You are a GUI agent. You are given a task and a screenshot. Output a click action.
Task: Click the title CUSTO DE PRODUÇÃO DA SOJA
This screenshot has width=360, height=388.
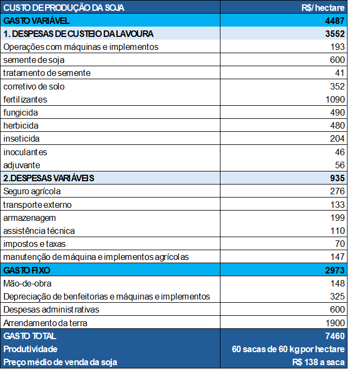64,8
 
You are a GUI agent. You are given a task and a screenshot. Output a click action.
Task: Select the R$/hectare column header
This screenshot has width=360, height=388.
323,8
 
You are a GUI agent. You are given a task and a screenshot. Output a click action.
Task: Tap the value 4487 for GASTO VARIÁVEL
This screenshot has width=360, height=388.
334,21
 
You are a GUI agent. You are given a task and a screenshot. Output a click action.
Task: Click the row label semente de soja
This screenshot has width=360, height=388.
34,60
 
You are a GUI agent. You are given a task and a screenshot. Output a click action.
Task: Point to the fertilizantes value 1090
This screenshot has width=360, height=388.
334,99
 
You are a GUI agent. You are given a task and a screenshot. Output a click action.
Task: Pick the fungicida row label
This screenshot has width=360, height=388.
21,112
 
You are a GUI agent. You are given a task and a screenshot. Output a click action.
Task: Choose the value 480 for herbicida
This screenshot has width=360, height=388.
337,125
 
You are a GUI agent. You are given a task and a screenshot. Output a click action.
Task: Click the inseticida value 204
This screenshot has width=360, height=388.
337,138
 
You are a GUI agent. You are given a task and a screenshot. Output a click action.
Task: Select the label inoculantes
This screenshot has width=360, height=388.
26,152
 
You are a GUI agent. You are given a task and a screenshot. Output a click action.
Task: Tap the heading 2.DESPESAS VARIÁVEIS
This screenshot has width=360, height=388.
49,178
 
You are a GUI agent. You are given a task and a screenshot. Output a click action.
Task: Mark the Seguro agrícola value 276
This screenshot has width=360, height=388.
337,191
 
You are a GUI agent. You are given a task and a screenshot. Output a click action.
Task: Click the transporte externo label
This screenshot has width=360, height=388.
37,205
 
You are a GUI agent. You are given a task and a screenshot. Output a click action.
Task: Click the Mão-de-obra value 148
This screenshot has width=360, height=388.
337,283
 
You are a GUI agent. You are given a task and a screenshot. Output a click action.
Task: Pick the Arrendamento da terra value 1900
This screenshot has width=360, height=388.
334,323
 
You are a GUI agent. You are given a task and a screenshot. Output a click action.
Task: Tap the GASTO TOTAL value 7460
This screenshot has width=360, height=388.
334,336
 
